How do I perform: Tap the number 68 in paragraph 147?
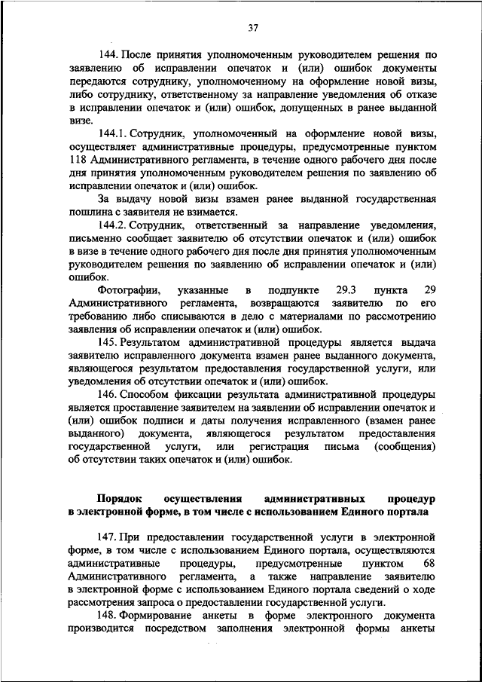tap(429, 563)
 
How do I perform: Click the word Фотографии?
tap(127, 290)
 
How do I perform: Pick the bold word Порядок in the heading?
tap(120, 499)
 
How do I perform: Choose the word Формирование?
tap(163, 616)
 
